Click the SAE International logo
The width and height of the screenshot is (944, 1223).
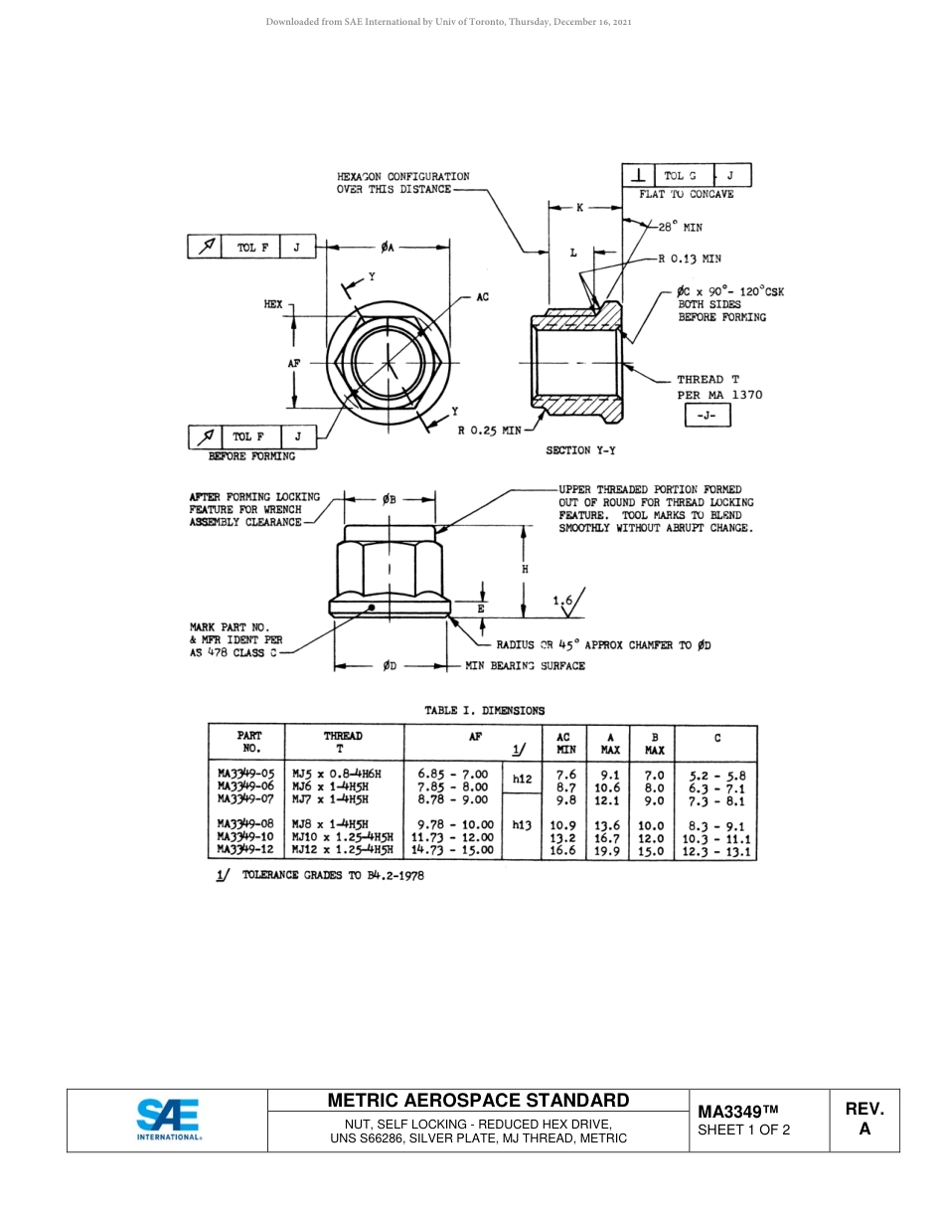click(168, 1121)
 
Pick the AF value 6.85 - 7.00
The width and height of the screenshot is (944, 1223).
click(453, 774)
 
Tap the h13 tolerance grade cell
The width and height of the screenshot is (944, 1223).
click(522, 824)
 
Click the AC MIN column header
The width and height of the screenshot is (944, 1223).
click(565, 743)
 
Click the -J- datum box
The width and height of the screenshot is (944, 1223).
click(708, 417)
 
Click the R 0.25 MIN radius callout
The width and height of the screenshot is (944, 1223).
click(489, 431)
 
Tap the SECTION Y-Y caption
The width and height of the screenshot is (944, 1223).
click(580, 450)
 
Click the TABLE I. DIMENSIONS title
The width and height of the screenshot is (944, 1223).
click(484, 710)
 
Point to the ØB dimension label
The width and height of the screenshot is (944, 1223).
click(390, 499)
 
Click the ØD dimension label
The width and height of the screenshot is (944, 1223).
click(390, 666)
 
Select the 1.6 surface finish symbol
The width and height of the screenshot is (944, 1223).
click(567, 600)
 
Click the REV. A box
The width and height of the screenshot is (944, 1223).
click(864, 1119)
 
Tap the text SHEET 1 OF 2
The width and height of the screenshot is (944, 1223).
click(743, 1130)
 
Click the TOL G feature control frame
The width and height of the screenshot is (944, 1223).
click(687, 176)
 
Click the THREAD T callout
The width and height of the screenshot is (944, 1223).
click(708, 380)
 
